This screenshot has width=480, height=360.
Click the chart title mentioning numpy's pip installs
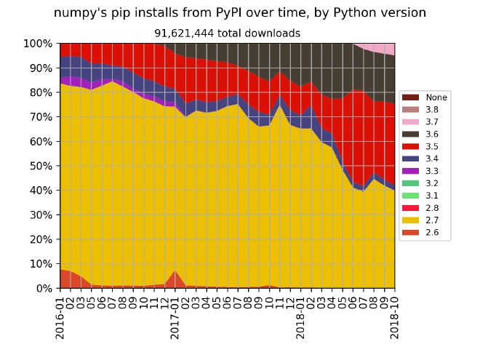tap(239, 13)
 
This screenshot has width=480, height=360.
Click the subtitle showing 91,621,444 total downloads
tap(227, 33)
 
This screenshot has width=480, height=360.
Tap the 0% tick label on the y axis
tap(43, 288)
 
